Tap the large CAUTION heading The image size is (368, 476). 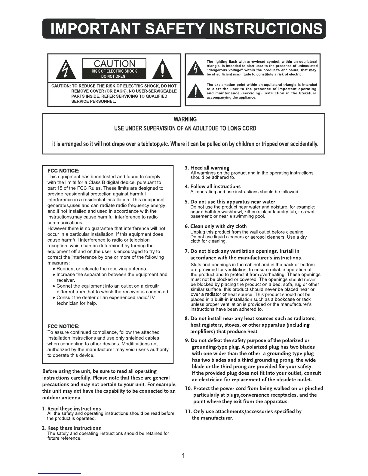pos(115,64)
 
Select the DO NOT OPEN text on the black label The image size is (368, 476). pos(115,76)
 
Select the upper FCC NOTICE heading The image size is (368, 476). pos(63,171)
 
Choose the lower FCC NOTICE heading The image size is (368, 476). pos(63,326)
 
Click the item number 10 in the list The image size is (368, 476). pos(188,388)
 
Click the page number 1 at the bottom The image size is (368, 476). pos(184,456)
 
